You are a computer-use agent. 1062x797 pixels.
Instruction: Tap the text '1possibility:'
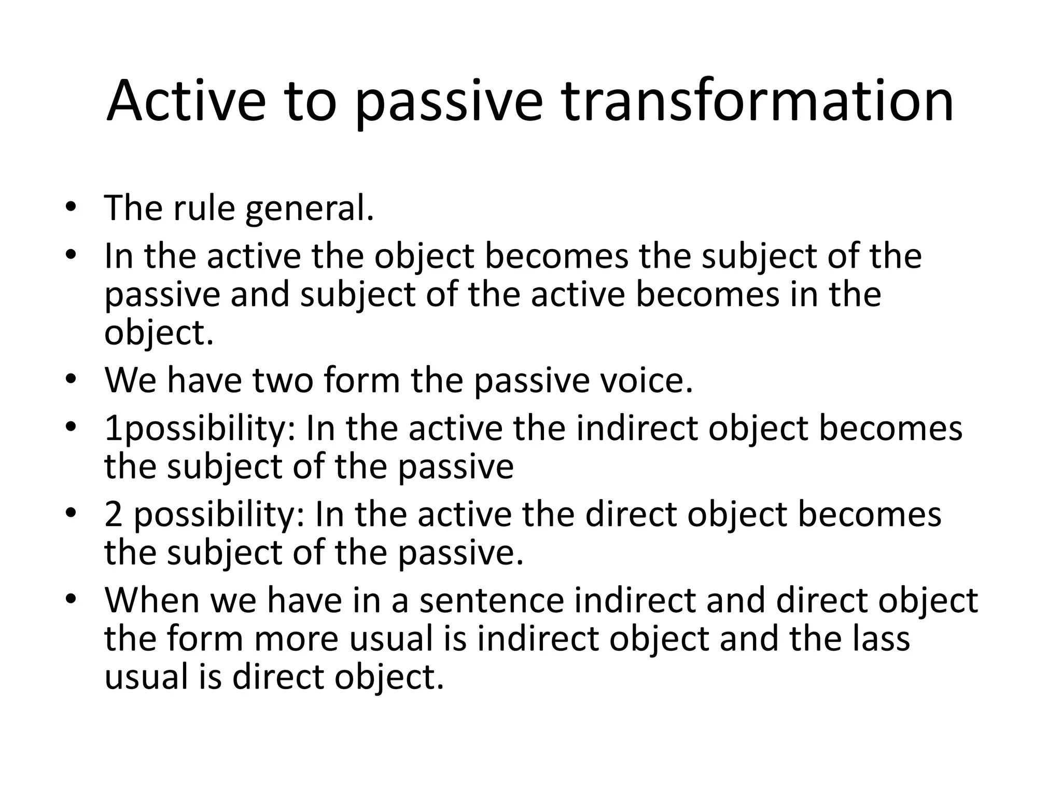[200, 430]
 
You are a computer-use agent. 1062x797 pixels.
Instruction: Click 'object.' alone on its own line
[159, 333]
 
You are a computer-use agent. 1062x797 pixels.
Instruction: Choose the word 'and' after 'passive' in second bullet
[260, 294]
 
